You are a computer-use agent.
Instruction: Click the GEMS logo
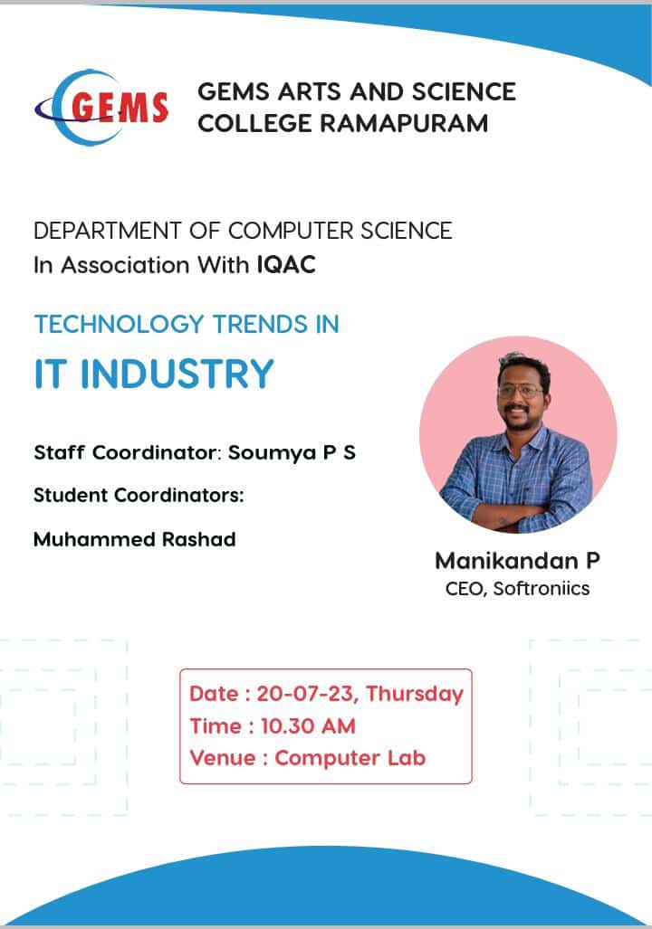(x=101, y=107)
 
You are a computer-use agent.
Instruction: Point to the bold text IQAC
(x=286, y=266)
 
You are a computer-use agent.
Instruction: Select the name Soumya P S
(x=292, y=452)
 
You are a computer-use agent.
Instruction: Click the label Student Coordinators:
(x=139, y=496)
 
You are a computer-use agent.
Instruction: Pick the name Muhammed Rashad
(x=134, y=539)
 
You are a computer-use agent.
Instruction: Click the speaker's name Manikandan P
(x=517, y=561)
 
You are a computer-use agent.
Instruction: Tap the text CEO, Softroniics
(x=517, y=589)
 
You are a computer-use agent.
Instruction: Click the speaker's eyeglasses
(x=520, y=392)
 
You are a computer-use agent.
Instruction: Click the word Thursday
(x=414, y=694)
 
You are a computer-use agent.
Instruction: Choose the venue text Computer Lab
(x=350, y=757)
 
